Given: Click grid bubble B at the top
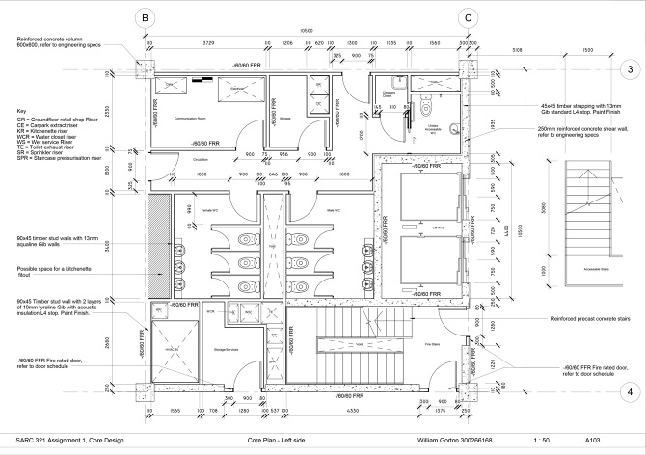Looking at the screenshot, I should pos(144,17).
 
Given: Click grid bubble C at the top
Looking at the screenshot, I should pos(468,17).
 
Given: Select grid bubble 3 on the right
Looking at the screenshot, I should pos(629,69).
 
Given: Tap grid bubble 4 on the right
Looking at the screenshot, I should pos(629,391).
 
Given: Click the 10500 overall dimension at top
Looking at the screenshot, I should pos(306,29).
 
